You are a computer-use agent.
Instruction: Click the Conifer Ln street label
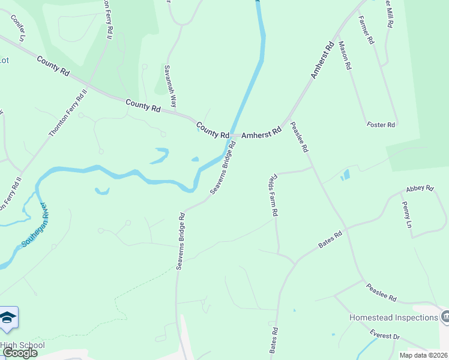click(19, 28)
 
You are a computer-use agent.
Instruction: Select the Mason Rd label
click(344, 56)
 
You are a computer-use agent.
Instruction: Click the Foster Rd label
click(381, 125)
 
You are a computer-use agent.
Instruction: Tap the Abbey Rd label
click(420, 188)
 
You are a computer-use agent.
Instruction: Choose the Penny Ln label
click(406, 214)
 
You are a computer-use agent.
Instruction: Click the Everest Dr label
click(384, 336)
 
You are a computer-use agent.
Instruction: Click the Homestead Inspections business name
click(393, 317)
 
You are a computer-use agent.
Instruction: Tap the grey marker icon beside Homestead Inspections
click(445, 316)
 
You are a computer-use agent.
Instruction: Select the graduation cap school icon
click(8, 318)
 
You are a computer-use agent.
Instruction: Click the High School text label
click(22, 345)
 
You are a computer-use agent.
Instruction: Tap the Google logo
click(20, 353)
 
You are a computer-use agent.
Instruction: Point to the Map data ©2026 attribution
click(423, 355)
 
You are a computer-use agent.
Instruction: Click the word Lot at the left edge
click(4, 60)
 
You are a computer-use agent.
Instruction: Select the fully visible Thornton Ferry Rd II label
click(68, 112)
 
